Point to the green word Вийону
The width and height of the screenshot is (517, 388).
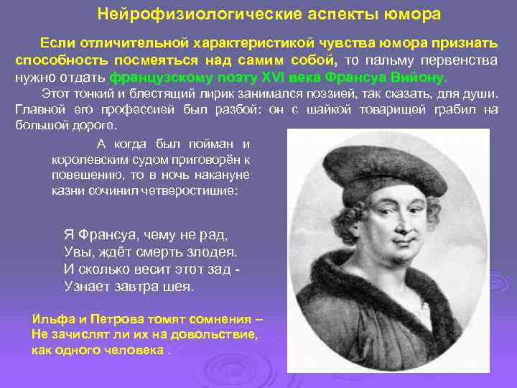(421, 78)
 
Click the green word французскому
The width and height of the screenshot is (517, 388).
(156, 78)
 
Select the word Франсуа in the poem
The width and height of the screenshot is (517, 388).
(104, 235)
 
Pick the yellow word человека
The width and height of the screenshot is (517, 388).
(133, 351)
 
